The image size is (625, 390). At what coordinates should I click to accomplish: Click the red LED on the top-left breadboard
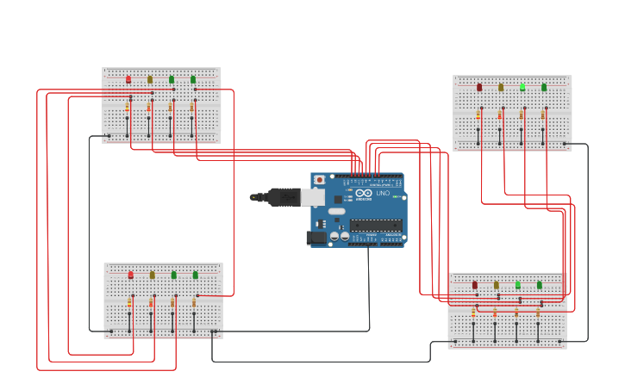click(128, 79)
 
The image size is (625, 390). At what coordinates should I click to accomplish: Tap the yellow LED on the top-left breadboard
click(150, 79)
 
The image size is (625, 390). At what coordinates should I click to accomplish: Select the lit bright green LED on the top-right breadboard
click(522, 87)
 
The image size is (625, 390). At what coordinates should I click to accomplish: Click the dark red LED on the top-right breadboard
click(479, 87)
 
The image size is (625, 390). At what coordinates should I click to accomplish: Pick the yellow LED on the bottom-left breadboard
click(153, 275)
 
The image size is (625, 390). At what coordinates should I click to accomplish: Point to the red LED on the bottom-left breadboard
click(131, 275)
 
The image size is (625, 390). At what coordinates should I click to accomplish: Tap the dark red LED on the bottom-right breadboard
click(474, 285)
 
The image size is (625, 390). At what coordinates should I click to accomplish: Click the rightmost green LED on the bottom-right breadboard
click(540, 285)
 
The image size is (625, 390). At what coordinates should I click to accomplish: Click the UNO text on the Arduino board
click(383, 193)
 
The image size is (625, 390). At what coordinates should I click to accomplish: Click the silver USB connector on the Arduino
click(312, 197)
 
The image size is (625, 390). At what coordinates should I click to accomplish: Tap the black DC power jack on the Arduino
click(316, 237)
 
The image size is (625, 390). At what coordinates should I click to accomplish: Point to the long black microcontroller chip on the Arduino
click(375, 225)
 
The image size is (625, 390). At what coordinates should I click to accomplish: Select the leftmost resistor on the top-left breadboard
click(128, 108)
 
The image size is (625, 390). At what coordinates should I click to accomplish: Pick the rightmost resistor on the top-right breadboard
click(543, 115)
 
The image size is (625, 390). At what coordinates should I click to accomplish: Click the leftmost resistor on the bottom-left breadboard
click(129, 303)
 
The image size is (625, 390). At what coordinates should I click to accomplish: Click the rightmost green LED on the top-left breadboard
click(193, 79)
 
